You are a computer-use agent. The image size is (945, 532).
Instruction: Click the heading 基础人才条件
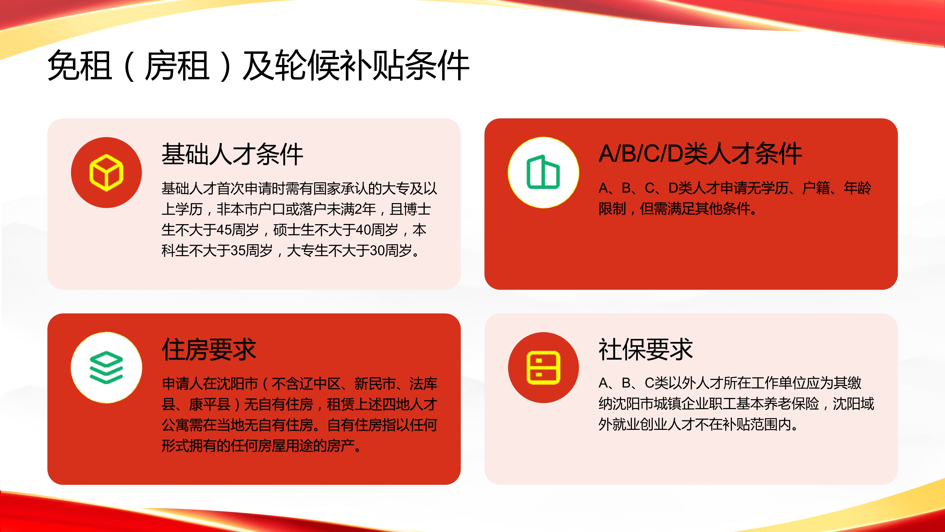pos(232,154)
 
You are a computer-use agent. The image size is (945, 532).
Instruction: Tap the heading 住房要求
pos(209,349)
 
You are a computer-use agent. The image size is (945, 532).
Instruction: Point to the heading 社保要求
pos(646,349)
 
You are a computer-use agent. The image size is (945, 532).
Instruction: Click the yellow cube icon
pos(106,173)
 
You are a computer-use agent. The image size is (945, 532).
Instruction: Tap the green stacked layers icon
pos(106,367)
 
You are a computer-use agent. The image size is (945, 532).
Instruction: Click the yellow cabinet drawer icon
pos(543,367)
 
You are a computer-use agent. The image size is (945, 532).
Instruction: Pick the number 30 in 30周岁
pos(377,251)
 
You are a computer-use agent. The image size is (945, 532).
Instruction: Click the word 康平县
pos(210,404)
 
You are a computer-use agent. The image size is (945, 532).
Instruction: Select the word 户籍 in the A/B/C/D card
pos(816,188)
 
